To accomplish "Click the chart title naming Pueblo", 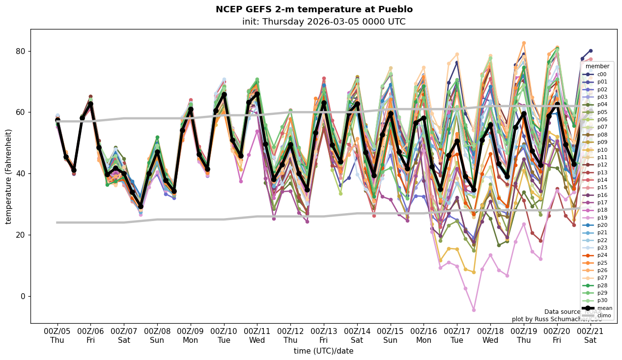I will tap(314, 9).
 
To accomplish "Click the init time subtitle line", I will tap(324, 22).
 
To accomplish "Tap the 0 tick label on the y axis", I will tap(21, 296).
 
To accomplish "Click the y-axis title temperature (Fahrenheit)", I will tap(8, 176).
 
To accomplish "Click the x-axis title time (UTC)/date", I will tap(323, 351).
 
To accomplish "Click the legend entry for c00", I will tap(601, 74).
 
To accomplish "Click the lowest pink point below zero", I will tap(474, 310).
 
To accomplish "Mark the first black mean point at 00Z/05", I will tap(57, 120).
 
